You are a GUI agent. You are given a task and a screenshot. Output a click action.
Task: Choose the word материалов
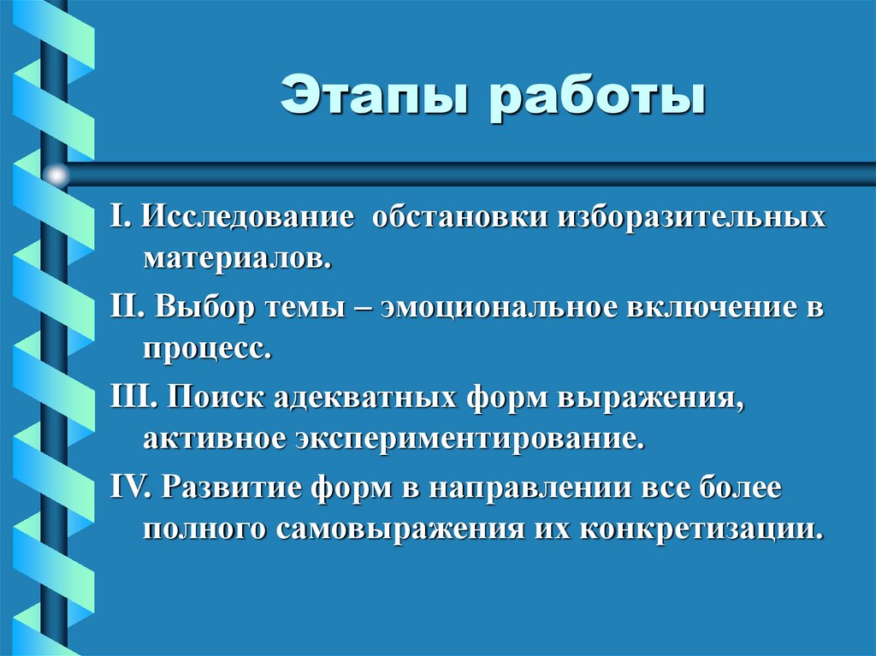click(237, 258)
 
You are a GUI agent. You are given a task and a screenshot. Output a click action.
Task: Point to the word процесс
click(208, 349)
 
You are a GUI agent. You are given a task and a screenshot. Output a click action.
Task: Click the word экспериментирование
click(468, 440)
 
